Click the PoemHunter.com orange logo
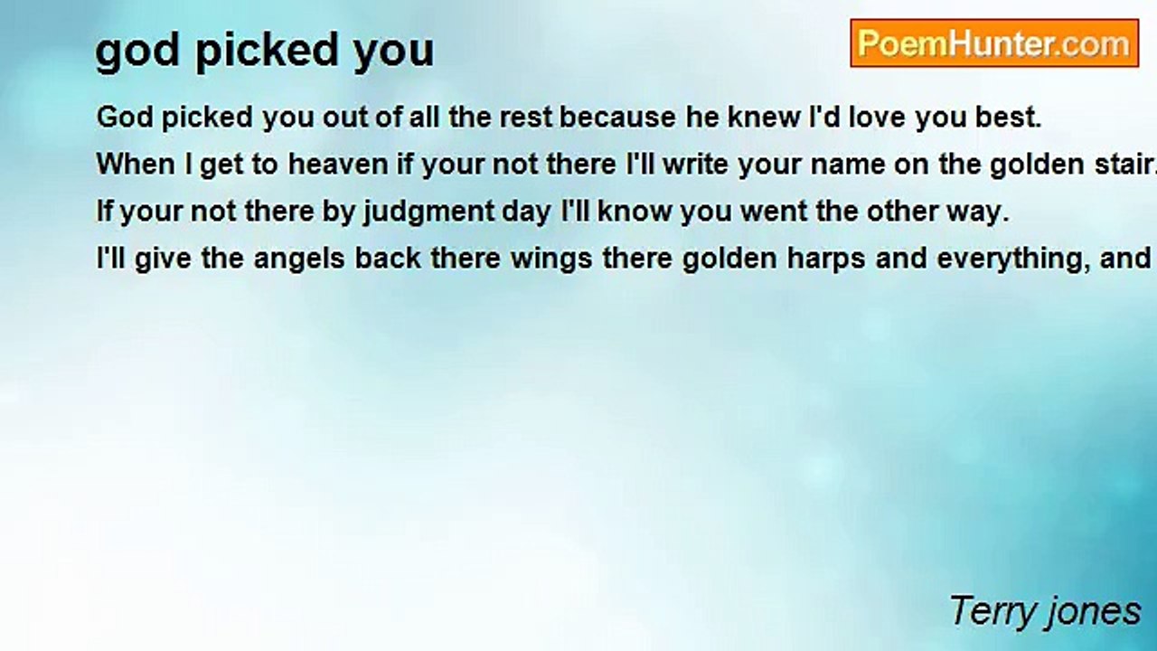[994, 43]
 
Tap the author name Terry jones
[1045, 611]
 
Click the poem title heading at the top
[265, 50]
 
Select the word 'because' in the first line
[617, 118]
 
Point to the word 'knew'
[765, 118]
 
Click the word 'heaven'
[338, 165]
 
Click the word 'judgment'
[428, 212]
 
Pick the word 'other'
[901, 212]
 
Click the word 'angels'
[299, 259]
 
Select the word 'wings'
[551, 259]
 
